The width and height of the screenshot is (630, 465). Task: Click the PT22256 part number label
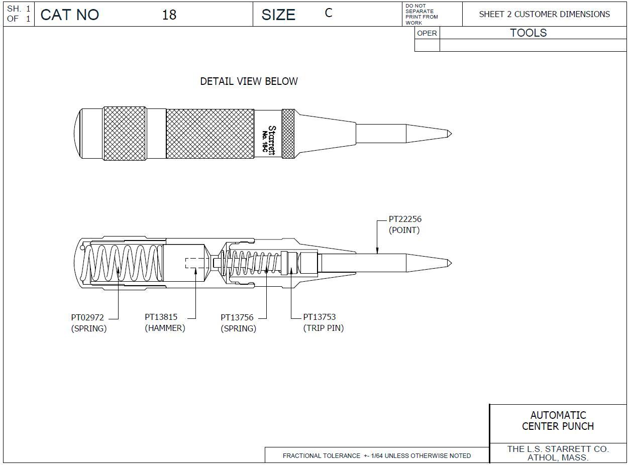coord(405,219)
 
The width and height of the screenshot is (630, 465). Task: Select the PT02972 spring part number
coord(87,317)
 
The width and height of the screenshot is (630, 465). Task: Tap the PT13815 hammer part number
coord(161,317)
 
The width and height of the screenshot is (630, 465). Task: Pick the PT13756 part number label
coord(237,317)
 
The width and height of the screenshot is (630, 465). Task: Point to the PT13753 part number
coord(319,317)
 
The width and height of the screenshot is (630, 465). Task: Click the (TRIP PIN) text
coord(323,328)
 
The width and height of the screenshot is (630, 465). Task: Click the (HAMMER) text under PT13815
coord(165,328)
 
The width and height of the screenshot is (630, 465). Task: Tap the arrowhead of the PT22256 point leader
coord(377,251)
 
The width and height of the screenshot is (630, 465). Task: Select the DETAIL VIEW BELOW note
coord(249,81)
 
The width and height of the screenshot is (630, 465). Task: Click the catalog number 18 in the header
coord(169,15)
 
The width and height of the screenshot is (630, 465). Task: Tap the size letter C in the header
coord(329,13)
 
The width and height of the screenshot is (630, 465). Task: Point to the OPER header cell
coord(427,33)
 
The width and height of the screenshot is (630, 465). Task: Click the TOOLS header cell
coord(528,33)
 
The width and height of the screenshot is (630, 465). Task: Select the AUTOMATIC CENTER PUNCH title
coord(558,421)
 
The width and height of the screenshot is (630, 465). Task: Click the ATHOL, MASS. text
coord(558,457)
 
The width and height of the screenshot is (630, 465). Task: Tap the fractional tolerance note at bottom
coord(376,455)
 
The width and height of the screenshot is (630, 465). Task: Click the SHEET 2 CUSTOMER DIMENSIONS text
coord(544,14)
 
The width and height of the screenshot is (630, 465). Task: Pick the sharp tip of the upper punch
coord(450,134)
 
